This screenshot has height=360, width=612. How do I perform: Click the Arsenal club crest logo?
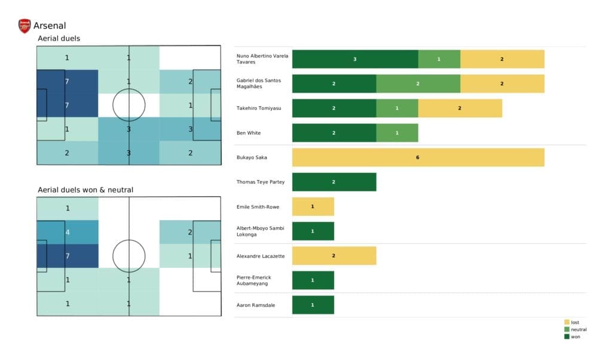tap(25, 26)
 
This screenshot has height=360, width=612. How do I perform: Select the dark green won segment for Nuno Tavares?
tap(355, 59)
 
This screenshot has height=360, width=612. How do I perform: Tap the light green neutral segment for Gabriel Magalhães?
tap(418, 84)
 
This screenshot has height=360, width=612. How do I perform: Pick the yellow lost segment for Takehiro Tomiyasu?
tap(460, 108)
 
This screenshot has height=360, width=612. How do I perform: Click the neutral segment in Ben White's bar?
tap(397, 133)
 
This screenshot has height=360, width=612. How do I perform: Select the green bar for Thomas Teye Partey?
tap(334, 182)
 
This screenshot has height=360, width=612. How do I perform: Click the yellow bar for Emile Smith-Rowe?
tap(313, 206)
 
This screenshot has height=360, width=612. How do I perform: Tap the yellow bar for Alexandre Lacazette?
tap(334, 256)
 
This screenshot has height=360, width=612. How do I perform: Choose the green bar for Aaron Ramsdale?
tap(313, 305)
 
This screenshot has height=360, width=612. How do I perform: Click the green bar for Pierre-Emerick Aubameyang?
tap(313, 280)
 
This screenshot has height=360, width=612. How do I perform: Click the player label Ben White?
tap(249, 133)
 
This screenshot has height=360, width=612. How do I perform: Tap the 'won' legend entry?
tap(574, 337)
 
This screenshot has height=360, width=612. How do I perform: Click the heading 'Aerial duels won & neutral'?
tap(85, 190)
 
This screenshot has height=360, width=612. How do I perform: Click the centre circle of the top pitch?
tap(128, 105)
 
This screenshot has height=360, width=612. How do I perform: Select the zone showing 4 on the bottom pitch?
tap(67, 232)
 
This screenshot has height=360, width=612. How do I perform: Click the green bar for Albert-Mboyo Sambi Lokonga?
tap(313, 231)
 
